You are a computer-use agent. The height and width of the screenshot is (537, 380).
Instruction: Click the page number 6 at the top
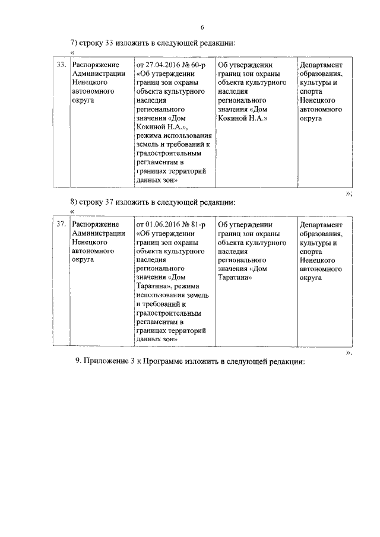[202, 27]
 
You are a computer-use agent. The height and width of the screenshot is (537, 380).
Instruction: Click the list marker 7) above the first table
[75, 43]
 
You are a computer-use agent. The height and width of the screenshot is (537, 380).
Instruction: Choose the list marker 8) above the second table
[75, 202]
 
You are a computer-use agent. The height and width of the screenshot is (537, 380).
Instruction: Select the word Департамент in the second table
[321, 225]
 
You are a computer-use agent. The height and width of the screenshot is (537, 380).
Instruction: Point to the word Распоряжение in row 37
[95, 225]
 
